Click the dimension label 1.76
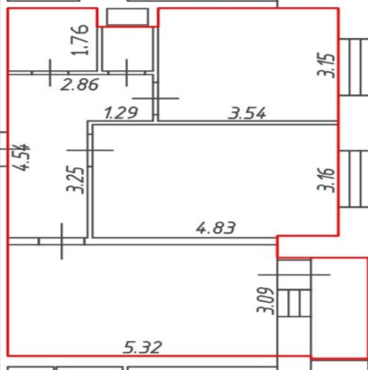pos(80,40)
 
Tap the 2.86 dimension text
pos(79,85)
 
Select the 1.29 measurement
pos(121,113)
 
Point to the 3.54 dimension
pos(247,113)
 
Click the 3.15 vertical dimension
pos(326,66)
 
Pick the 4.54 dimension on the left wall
pos(22,157)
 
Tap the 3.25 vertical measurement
pos(75,180)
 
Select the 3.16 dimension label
pos(326,180)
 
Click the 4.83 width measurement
pos(215,228)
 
